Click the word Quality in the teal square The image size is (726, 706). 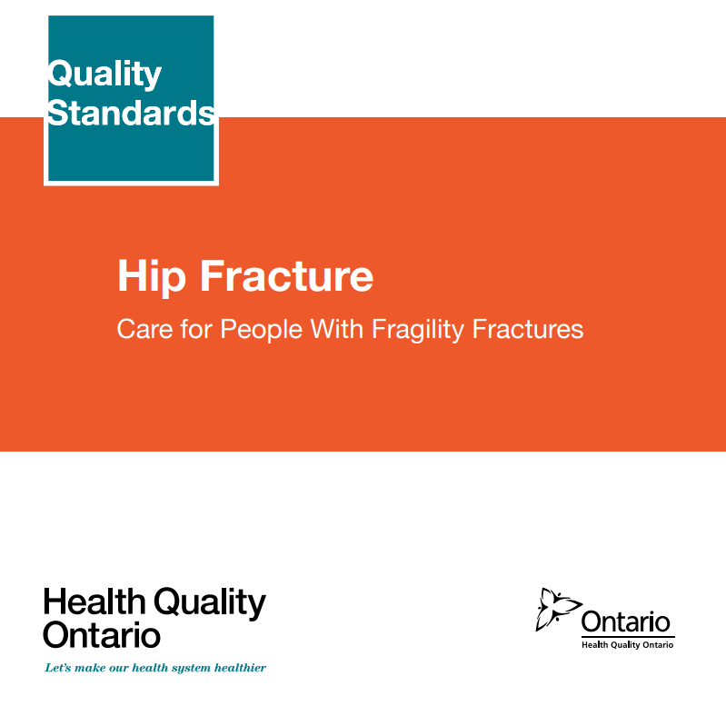pos(104,75)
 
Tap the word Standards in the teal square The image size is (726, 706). pos(131,113)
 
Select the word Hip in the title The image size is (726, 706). pos(152,277)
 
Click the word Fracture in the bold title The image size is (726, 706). pos(286,276)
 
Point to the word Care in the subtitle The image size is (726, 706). pos(144,329)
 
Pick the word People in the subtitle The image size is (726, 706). pos(261,330)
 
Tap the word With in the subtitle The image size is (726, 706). pos(336,329)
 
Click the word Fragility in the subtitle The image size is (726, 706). pos(418,330)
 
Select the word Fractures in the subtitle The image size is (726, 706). pos(527,329)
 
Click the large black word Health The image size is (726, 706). pos(94,602)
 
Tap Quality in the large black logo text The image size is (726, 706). pos(210,603)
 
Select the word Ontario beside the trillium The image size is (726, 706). pos(625,621)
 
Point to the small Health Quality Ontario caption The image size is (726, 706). pos(627,645)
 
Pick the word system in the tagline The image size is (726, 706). pos(191,669)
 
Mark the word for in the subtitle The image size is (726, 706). pos(196,329)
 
